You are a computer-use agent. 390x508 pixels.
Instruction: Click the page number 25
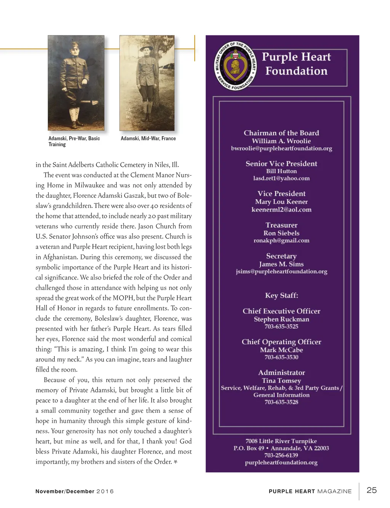point(371,490)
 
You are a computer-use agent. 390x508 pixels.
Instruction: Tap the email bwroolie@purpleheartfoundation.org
point(281,149)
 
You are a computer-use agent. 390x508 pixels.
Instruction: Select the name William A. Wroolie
point(281,141)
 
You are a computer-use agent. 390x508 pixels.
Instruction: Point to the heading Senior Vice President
point(281,164)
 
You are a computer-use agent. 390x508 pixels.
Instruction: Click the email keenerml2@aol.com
point(281,210)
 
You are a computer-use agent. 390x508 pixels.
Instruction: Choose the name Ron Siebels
point(281,233)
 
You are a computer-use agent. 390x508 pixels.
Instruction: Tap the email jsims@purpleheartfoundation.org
point(281,272)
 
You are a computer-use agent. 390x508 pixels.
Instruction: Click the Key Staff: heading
point(281,296)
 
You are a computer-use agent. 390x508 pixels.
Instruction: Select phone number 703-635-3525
point(281,326)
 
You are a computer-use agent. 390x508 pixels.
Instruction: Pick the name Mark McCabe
point(281,350)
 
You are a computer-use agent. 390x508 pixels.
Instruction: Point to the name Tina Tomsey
point(281,381)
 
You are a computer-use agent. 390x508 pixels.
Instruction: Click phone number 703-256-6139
point(281,455)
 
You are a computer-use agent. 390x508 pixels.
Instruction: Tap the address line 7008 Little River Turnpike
point(281,441)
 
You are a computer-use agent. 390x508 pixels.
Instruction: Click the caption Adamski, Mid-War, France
point(148,139)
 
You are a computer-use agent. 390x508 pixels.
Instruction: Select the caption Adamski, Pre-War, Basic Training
point(74,141)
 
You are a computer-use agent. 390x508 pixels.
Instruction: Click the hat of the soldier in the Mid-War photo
point(146,48)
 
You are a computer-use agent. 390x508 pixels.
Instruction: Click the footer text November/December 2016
point(74,491)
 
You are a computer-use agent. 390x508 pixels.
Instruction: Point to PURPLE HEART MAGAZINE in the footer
point(310,491)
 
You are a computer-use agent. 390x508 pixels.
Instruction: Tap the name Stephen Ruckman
point(281,319)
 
